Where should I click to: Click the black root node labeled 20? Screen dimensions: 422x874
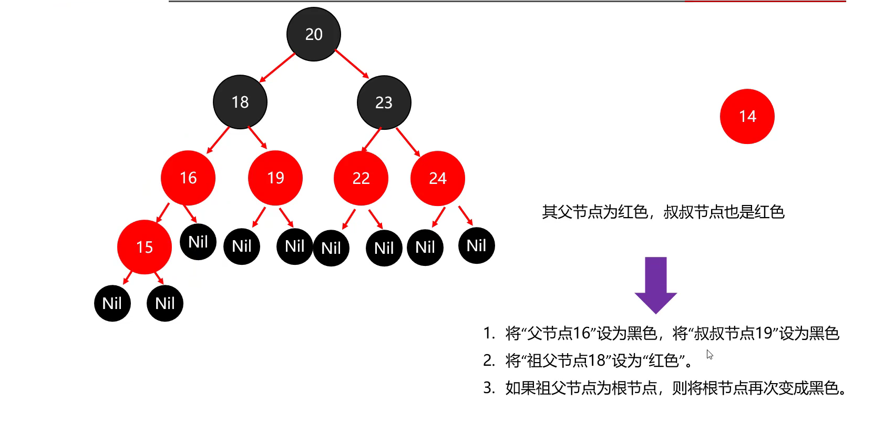click(x=314, y=34)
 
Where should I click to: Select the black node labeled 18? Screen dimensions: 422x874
click(x=240, y=102)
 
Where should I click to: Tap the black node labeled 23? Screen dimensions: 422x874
click(x=384, y=102)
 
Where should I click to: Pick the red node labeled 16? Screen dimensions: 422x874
click(x=188, y=178)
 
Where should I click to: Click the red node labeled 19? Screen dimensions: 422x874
click(x=275, y=178)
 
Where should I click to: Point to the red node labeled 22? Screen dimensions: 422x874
click(x=361, y=179)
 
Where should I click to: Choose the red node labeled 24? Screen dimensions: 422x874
click(x=438, y=179)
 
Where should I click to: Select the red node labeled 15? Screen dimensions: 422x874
click(x=145, y=247)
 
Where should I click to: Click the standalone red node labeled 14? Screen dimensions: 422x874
click(x=747, y=116)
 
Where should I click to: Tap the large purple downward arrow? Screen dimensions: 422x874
click(x=656, y=284)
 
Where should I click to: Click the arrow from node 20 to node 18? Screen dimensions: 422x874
click(x=277, y=67)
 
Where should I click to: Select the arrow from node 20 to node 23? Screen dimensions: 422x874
click(x=352, y=64)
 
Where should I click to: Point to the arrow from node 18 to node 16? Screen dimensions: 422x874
click(x=218, y=140)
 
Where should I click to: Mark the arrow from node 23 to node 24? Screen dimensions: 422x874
click(x=408, y=142)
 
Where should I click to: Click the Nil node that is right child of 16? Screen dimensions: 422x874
click(x=198, y=242)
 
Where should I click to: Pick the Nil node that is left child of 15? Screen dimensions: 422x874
click(x=112, y=303)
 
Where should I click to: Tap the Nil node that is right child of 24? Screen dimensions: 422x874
click(x=477, y=245)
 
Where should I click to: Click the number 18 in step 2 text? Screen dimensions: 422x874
click(x=597, y=361)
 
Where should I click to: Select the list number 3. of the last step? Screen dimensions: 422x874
click(x=489, y=388)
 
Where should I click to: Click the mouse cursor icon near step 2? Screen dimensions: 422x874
click(x=710, y=355)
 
